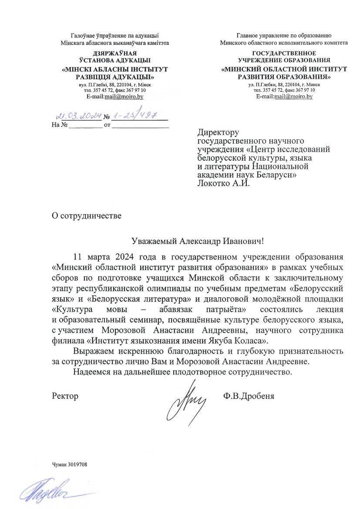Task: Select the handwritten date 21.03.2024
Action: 78,116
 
